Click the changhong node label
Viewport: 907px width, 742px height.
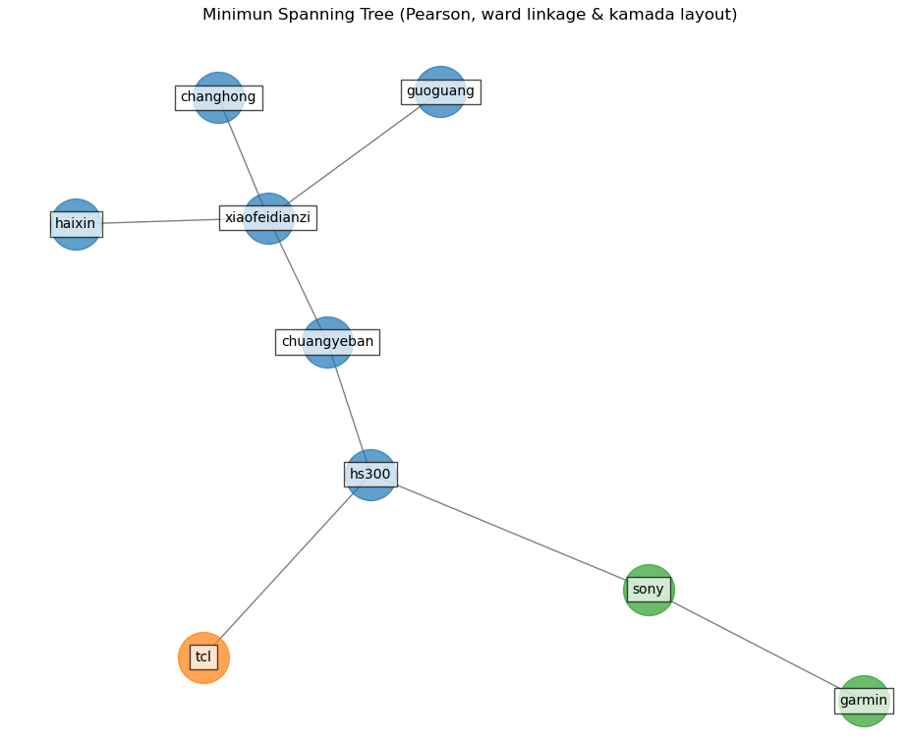pyautogui.click(x=218, y=97)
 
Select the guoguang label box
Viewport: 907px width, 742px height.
pyautogui.click(x=440, y=91)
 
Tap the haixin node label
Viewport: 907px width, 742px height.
pyautogui.click(x=76, y=224)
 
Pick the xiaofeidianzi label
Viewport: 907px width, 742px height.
pyautogui.click(x=267, y=218)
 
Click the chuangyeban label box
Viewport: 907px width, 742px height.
pyautogui.click(x=327, y=342)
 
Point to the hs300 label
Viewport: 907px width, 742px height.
pyautogui.click(x=370, y=475)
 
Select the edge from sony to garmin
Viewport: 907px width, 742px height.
pyautogui.click(x=756, y=645)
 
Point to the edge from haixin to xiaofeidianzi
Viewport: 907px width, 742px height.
pyautogui.click(x=162, y=221)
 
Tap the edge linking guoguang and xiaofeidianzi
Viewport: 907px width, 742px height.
pyautogui.click(x=354, y=154)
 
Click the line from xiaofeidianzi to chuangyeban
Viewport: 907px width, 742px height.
pyautogui.click(x=298, y=280)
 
